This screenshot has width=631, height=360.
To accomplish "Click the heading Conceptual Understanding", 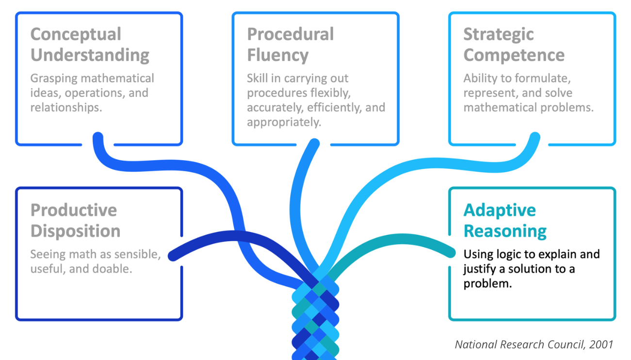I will (x=90, y=45).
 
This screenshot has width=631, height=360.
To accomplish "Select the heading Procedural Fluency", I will (x=290, y=45).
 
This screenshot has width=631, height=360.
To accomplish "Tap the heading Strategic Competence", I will (x=514, y=45).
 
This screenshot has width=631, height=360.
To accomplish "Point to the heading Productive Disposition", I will (x=75, y=220).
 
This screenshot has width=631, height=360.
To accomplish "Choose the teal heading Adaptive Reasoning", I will (x=504, y=220).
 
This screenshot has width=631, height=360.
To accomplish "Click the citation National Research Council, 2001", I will (x=534, y=344).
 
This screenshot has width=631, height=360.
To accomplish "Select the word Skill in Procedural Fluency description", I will (x=257, y=79).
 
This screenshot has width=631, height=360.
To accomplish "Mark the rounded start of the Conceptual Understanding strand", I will (x=98, y=138).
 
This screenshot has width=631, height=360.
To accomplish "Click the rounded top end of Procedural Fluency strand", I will (x=314, y=144).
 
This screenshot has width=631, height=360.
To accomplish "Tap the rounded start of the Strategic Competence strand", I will (x=534, y=138).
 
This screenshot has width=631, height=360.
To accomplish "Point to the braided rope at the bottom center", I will (x=315, y=320).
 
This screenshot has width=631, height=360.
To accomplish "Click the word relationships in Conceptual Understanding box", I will (x=66, y=108).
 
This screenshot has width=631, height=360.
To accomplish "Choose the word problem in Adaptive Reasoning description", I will (x=487, y=284).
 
